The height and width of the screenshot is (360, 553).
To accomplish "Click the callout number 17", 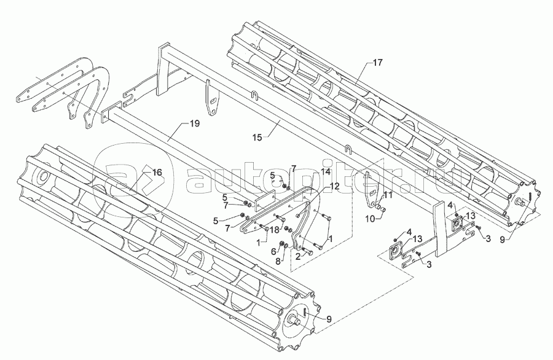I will click(377, 63).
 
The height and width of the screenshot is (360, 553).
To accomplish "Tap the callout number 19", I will click(194, 124).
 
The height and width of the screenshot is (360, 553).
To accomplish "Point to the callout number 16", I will click(157, 173).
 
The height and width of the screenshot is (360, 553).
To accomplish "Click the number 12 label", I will click(334, 186).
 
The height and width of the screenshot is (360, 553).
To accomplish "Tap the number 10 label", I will click(372, 217).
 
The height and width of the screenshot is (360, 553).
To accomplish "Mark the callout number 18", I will click(275, 229).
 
